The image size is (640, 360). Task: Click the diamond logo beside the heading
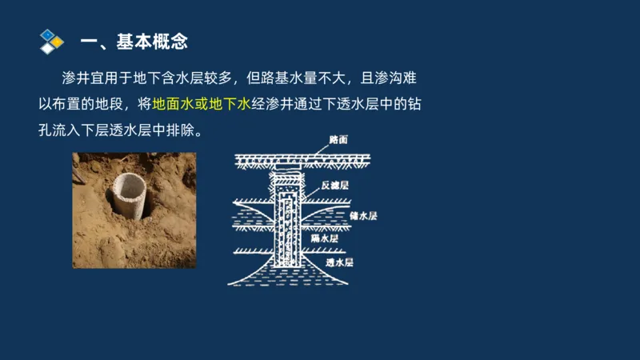(51, 40)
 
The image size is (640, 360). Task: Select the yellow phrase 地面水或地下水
(202, 104)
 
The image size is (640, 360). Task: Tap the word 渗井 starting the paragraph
(73, 80)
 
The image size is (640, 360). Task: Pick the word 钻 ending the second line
(414, 104)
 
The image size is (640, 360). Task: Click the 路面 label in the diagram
(338, 139)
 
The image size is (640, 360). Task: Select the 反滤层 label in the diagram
(334, 185)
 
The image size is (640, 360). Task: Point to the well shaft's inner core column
(287, 224)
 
